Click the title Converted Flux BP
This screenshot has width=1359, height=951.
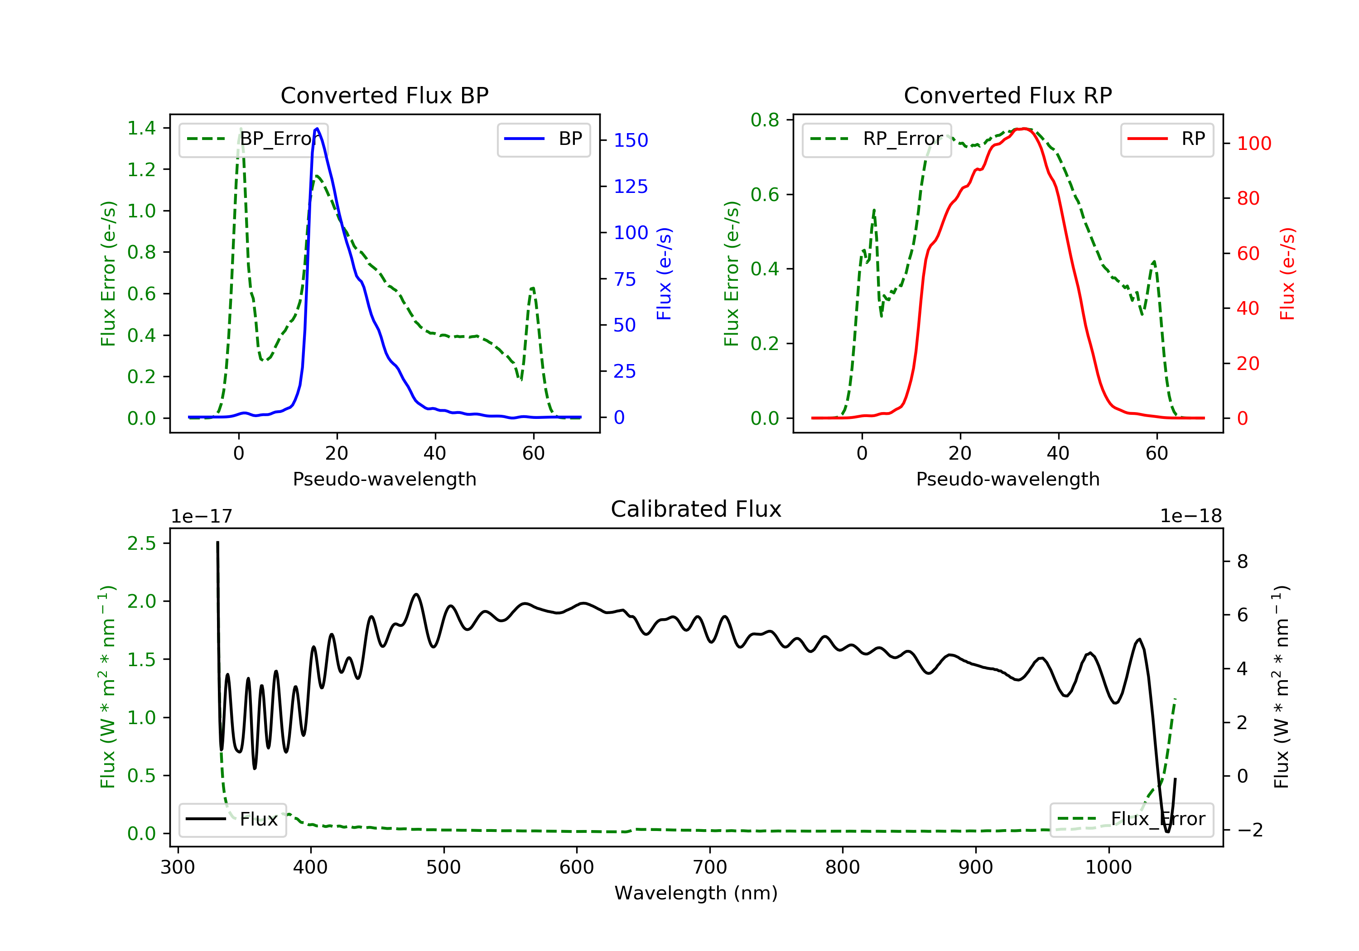pos(384,95)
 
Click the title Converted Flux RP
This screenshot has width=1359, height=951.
pos(1007,95)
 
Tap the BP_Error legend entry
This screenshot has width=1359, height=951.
pos(253,139)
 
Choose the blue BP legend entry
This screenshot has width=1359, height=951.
pos(543,139)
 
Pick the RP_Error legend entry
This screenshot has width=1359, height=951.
pos(877,139)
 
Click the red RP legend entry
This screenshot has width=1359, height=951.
pos(1166,139)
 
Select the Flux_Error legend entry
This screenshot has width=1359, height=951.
pos(1131,819)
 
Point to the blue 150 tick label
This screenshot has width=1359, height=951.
pos(631,140)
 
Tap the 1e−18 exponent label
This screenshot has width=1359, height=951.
pos(1190,516)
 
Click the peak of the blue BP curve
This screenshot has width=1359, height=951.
pos(317,129)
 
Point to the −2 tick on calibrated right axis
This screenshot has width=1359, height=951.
pos(1249,830)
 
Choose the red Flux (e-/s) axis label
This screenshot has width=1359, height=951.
pos(1287,274)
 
